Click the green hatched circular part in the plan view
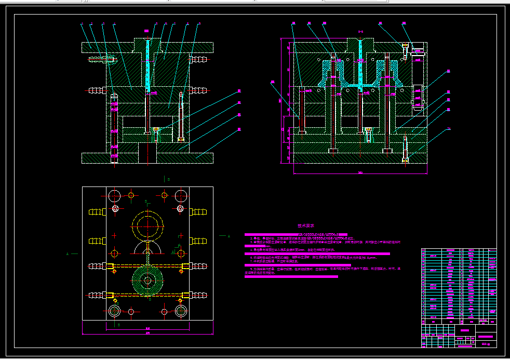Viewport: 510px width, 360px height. tap(148, 281)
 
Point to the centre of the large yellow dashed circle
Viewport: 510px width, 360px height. tap(148, 226)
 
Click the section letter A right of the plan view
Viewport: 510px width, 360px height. tap(229, 236)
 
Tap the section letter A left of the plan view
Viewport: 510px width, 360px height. tap(68, 254)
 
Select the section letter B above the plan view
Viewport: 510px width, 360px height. tap(168, 179)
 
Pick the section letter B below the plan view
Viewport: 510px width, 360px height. tap(118, 325)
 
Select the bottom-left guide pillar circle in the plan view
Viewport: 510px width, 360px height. tap(114, 311)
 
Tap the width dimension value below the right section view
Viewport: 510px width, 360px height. tap(360, 172)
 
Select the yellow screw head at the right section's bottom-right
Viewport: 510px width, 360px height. tap(405, 161)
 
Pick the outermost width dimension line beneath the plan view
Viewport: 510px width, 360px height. tap(148, 332)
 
